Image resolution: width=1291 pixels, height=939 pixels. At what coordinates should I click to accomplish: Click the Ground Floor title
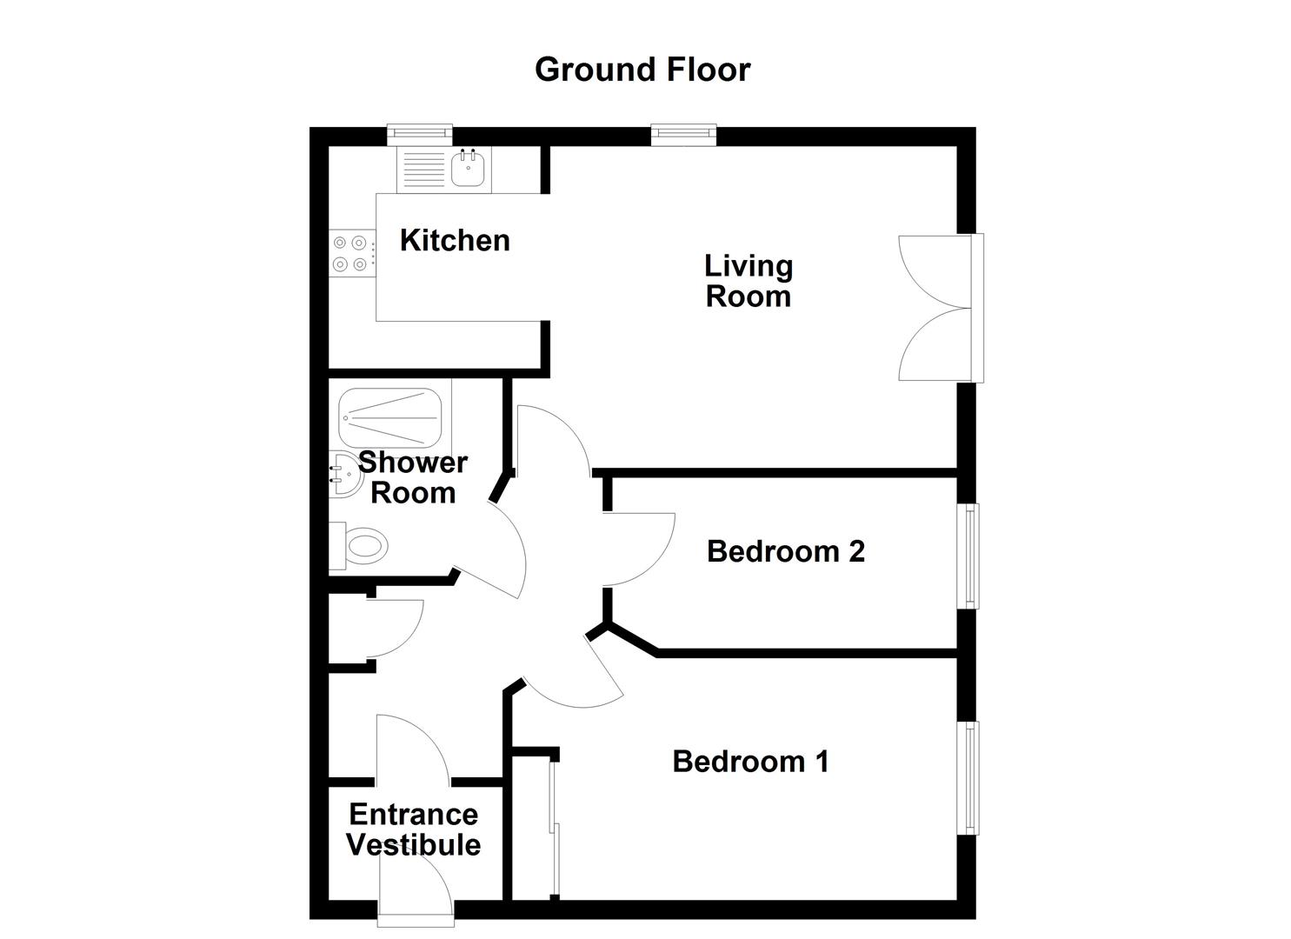tap(642, 70)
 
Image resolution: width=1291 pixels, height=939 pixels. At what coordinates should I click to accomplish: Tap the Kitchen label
tap(455, 240)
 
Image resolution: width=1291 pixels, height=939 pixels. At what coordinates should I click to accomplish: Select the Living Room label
tap(749, 281)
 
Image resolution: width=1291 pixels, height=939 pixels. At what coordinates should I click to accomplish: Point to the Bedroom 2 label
tap(786, 550)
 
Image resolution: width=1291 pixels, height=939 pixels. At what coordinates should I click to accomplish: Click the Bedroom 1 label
tap(751, 762)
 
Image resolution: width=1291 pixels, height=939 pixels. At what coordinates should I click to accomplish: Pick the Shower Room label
tap(413, 477)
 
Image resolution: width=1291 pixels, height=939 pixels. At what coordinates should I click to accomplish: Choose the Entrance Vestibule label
tap(413, 829)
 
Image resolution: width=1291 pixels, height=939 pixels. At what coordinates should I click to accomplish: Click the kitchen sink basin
tap(469, 168)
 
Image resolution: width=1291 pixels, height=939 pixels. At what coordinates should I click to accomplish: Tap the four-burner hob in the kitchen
tap(351, 254)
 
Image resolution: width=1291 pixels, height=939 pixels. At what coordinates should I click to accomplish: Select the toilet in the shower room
tap(362, 547)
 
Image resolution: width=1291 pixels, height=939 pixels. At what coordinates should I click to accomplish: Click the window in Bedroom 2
tap(969, 556)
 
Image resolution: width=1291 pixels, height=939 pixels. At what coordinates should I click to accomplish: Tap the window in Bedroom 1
tap(969, 778)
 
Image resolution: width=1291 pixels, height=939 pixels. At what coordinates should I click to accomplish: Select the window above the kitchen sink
tap(420, 133)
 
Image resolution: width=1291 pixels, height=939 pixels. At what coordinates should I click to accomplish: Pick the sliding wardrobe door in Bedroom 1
tap(554, 826)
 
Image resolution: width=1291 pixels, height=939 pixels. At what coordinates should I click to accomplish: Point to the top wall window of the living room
tap(684, 133)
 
